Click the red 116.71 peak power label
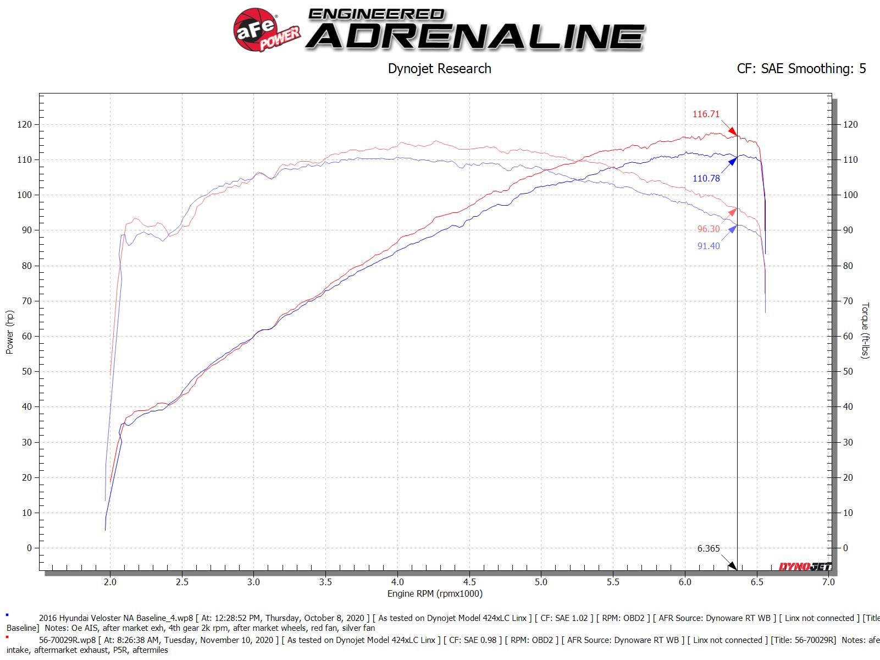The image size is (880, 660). pyautogui.click(x=706, y=114)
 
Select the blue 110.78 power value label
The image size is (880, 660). pyautogui.click(x=706, y=178)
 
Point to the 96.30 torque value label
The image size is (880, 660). pyautogui.click(x=709, y=229)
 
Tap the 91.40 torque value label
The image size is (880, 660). pyautogui.click(x=709, y=246)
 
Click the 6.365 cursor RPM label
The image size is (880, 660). pyautogui.click(x=709, y=548)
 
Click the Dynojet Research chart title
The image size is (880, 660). pyautogui.click(x=439, y=69)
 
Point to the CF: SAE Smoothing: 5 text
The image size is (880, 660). pyautogui.click(x=801, y=69)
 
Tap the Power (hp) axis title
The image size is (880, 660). pyautogui.click(x=10, y=332)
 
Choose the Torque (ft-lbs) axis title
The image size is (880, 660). pyautogui.click(x=865, y=331)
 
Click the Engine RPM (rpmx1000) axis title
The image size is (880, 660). pyautogui.click(x=434, y=593)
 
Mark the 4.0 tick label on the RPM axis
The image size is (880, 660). pyautogui.click(x=397, y=581)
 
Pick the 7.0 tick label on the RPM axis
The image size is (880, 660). pyautogui.click(x=828, y=581)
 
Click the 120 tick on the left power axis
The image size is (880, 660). pyautogui.click(x=25, y=125)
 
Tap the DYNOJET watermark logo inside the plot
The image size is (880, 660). pyautogui.click(x=805, y=566)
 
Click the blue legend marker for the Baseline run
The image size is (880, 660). pyautogui.click(x=7, y=614)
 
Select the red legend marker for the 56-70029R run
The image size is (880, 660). pyautogui.click(x=7, y=637)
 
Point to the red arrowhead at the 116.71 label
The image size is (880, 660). pyautogui.click(x=733, y=132)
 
